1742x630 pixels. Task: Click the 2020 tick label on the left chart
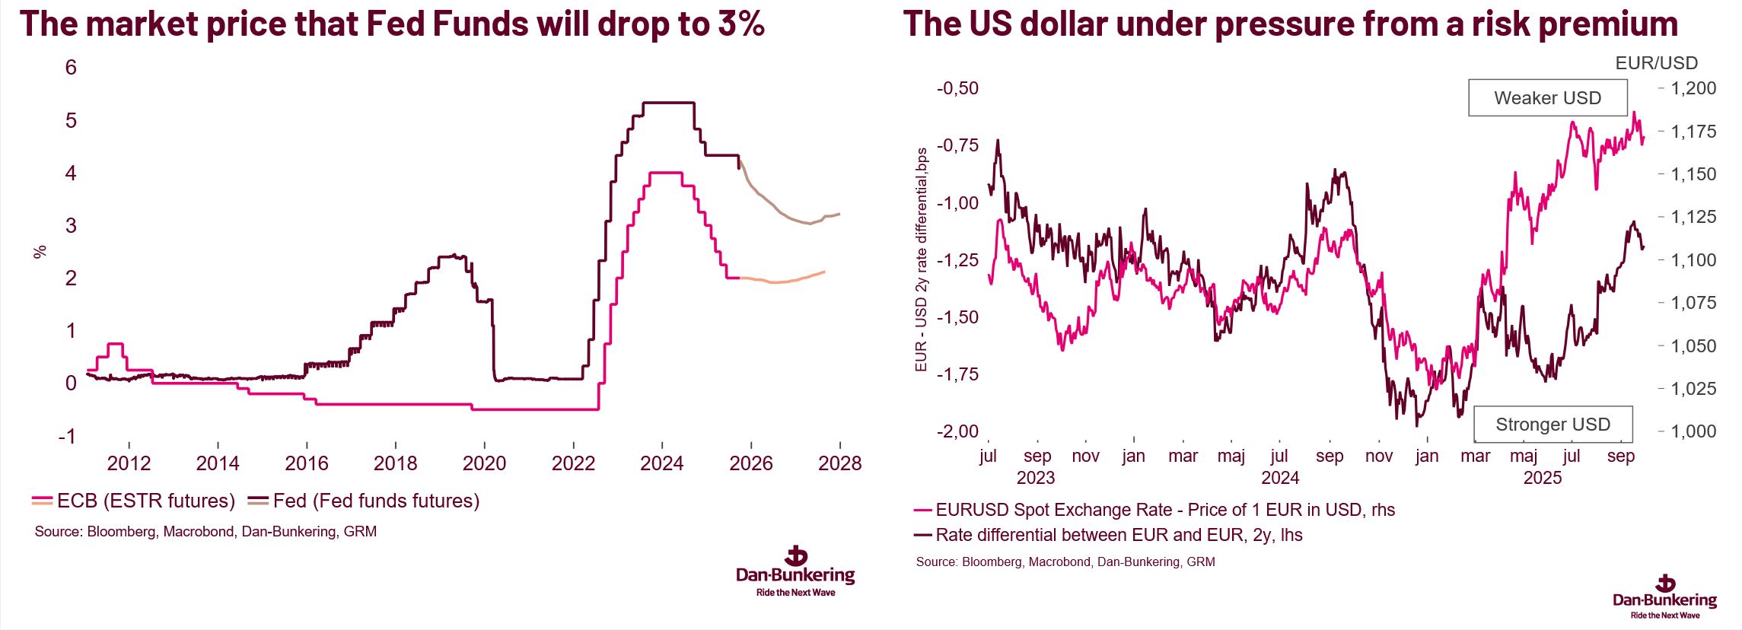[484, 463]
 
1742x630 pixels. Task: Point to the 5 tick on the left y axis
[71, 120]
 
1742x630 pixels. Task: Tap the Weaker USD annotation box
[1547, 98]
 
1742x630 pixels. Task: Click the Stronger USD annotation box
[1553, 425]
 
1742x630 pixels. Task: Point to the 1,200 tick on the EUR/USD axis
[1693, 88]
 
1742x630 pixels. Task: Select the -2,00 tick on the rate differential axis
[957, 431]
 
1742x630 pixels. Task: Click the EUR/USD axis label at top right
[1656, 63]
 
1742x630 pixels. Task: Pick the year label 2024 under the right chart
[1280, 478]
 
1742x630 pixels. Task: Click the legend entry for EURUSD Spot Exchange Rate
[1164, 510]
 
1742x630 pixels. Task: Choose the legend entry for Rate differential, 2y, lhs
[1119, 535]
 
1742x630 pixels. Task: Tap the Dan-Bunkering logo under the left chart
[795, 572]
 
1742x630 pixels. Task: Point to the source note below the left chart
[205, 532]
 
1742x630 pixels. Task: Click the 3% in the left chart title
[740, 24]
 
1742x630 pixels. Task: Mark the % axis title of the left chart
[40, 251]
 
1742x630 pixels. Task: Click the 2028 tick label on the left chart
[839, 463]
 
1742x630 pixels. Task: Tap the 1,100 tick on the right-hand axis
[1693, 260]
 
